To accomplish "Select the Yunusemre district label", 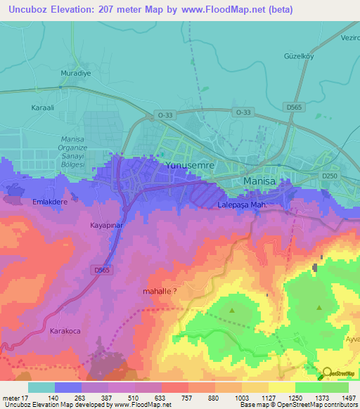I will pos(189,166).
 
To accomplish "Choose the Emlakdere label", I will pos(30,201).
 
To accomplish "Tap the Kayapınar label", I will pos(107,226).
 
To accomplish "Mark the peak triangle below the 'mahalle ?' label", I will pos(231,309).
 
